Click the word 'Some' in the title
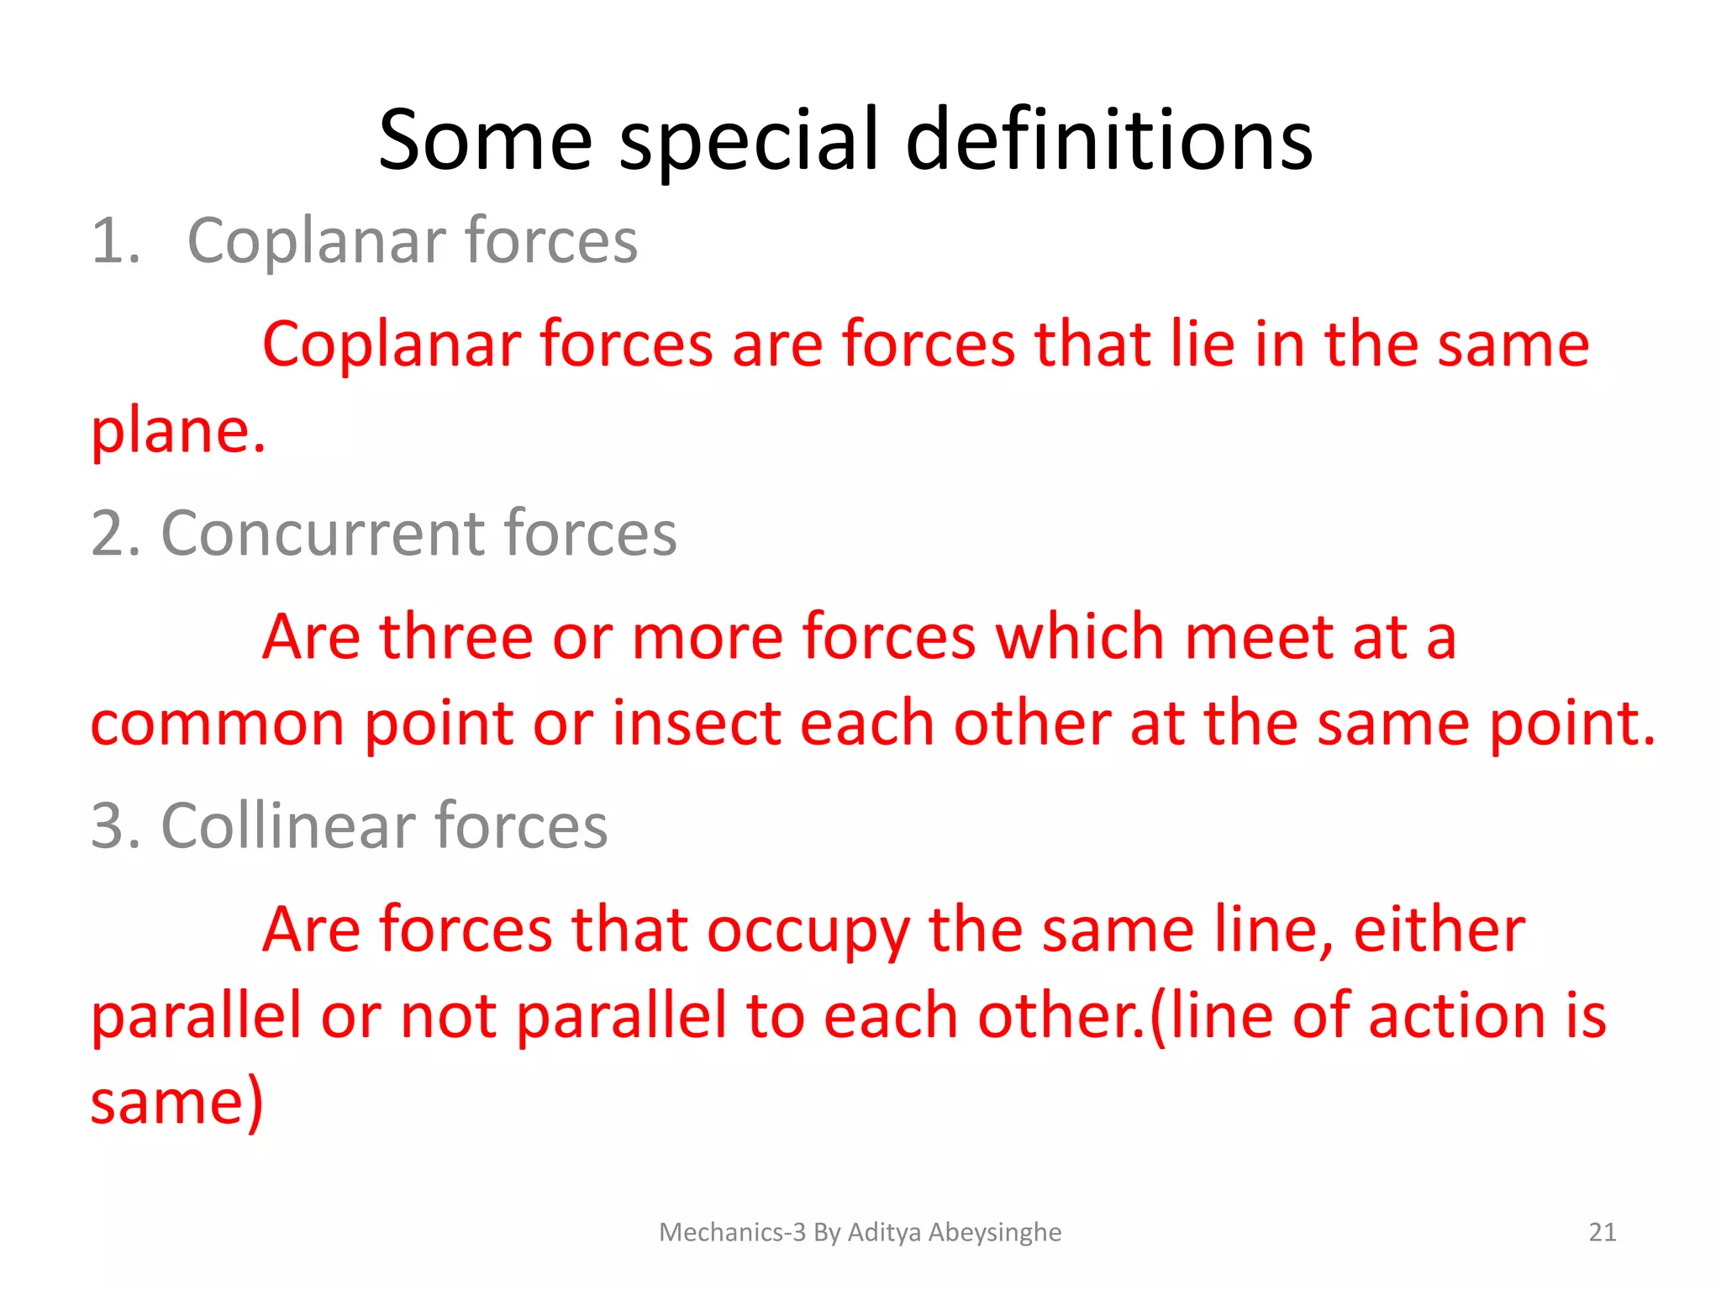486,141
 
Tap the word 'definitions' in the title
1109,141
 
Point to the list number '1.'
116,242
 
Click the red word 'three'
455,637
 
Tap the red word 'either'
1439,930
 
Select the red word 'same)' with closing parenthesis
177,1104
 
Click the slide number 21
1603,1232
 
